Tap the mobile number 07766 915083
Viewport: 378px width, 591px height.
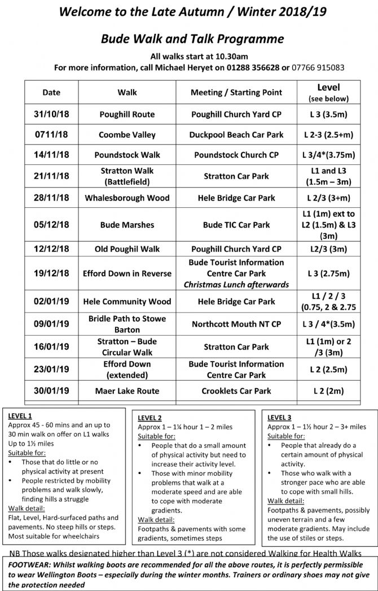pos(318,68)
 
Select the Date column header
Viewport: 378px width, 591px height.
pos(51,92)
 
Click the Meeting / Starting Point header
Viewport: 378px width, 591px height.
pos(236,92)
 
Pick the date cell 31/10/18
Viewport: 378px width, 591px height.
pos(51,114)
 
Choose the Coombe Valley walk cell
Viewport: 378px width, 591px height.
pos(127,135)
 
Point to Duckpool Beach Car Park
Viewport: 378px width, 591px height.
pos(236,135)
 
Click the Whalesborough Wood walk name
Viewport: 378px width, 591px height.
pos(127,198)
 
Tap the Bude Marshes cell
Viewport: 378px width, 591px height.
pos(127,225)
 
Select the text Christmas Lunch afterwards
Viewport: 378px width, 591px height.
pos(236,284)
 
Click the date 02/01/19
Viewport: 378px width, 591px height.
pos(51,302)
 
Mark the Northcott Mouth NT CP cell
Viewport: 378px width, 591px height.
pos(236,324)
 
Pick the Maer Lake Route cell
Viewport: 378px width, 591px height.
pos(127,391)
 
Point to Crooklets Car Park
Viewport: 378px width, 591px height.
pos(236,391)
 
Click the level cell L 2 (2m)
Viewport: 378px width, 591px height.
pos(328,391)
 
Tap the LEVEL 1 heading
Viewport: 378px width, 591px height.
pos(20,416)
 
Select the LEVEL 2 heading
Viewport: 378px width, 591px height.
pos(150,418)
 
